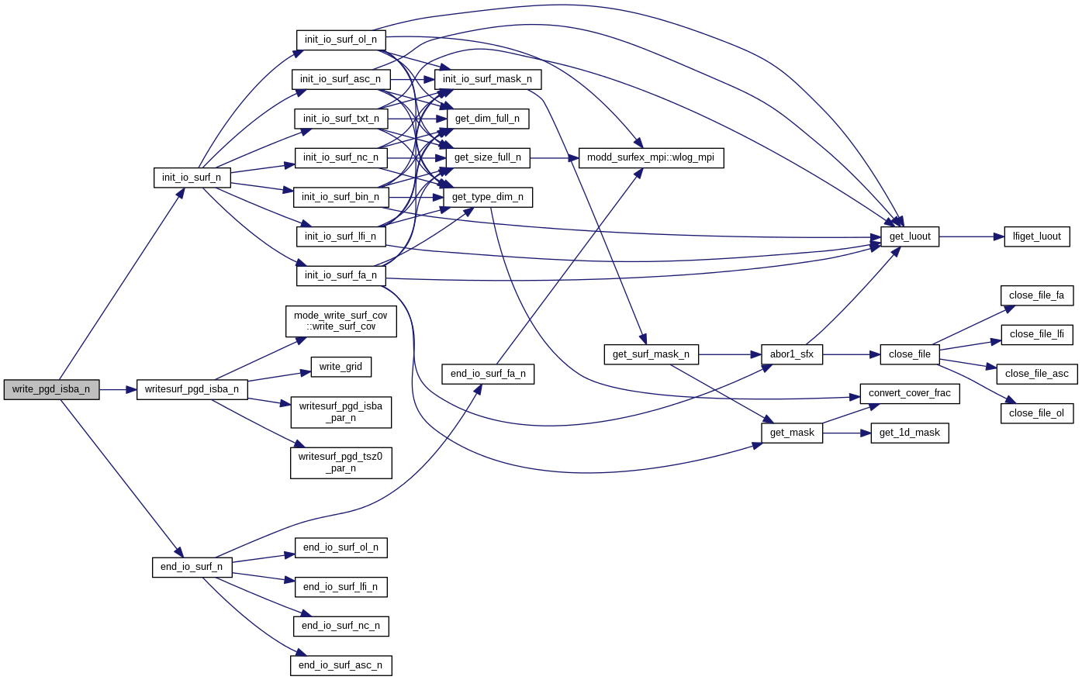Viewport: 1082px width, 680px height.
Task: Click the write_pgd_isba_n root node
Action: coord(51,389)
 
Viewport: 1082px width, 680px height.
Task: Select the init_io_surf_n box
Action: coord(192,178)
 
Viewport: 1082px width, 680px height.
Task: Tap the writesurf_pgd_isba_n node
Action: coord(192,389)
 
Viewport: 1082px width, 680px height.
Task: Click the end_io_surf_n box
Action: coord(192,567)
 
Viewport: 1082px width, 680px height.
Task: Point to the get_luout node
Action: coord(910,236)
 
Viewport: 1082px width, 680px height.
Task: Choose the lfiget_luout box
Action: coord(1036,236)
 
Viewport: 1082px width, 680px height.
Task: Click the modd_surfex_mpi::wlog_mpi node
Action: coord(651,157)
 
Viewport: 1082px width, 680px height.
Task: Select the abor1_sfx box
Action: coord(791,354)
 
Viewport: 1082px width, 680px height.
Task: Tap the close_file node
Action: coord(910,354)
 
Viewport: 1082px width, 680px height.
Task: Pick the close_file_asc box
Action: coord(1036,374)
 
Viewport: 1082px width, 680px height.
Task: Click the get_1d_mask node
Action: coord(910,433)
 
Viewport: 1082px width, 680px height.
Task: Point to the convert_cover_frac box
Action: coord(910,393)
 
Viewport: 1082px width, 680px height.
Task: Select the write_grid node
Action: coord(341,367)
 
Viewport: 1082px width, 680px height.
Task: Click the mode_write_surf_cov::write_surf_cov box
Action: coord(341,321)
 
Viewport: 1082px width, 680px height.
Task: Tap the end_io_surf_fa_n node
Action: coord(488,374)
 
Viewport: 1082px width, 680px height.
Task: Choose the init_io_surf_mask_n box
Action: coord(487,79)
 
